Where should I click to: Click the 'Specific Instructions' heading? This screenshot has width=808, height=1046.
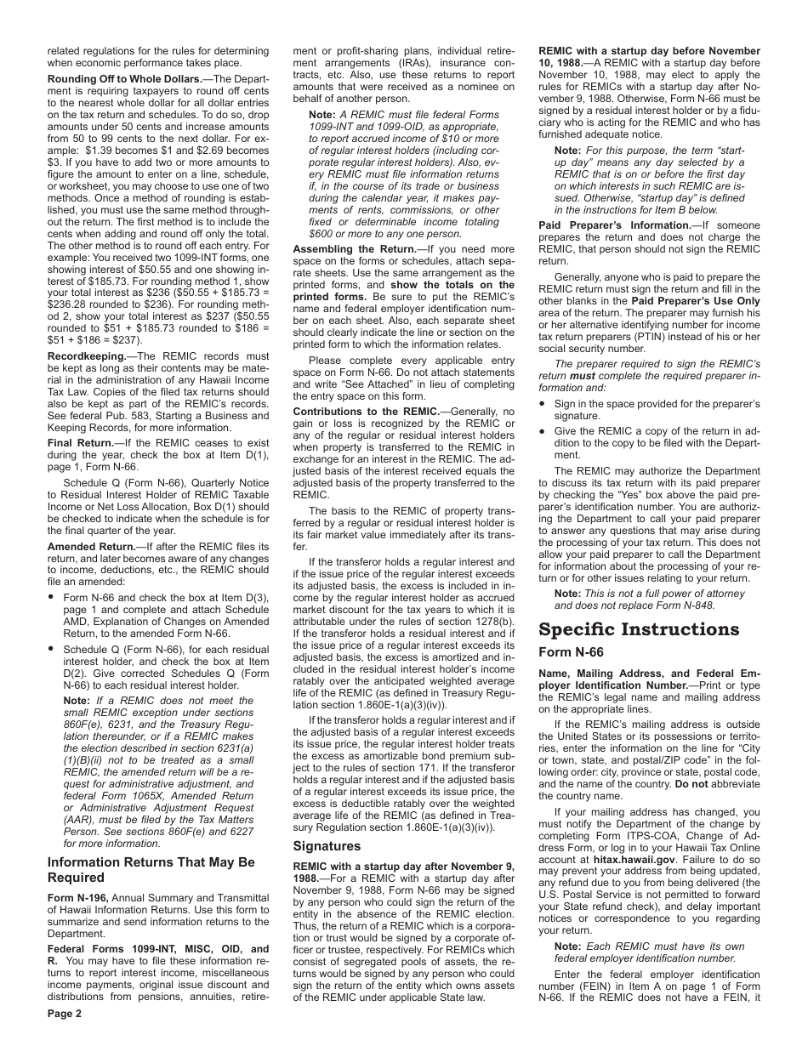click(x=639, y=630)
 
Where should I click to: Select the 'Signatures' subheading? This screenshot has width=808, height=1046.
click(x=327, y=846)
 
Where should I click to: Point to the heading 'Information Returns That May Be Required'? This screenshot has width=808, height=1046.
click(x=151, y=869)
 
